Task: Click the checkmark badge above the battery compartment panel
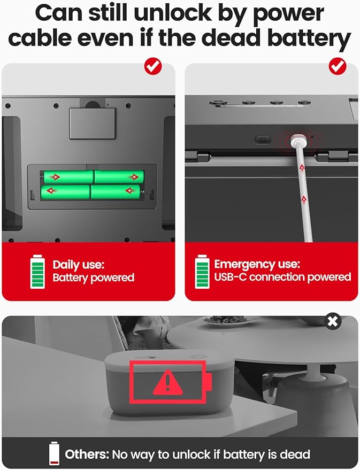point(154,66)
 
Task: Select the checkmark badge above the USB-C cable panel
point(337,66)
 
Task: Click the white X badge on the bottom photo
point(333,321)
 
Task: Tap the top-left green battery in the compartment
point(68,176)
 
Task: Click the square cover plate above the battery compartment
point(93,123)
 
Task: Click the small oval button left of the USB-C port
point(262,140)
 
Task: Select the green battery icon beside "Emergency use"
point(202,272)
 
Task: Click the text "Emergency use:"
point(257,264)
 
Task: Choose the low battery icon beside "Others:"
point(54,454)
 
